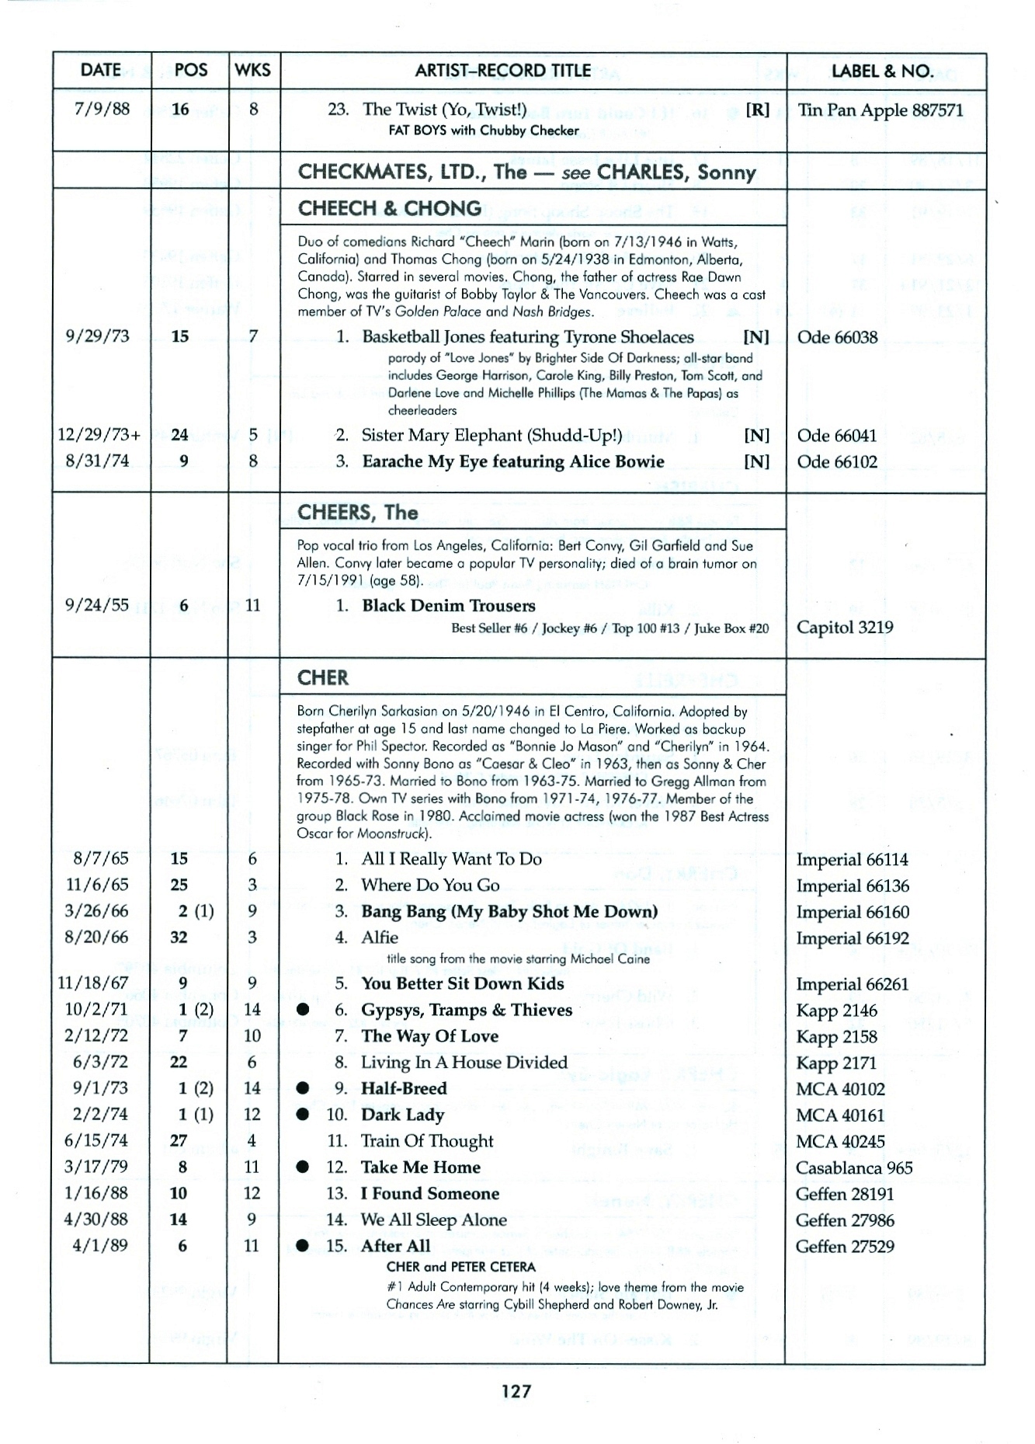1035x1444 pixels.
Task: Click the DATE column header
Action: tap(100, 71)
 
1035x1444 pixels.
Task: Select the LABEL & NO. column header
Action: tap(882, 71)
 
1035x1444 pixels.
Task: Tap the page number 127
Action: tap(516, 1390)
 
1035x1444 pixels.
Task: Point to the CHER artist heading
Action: tap(323, 678)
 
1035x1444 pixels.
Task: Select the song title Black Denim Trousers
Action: tap(449, 606)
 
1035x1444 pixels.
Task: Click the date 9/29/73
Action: tap(99, 336)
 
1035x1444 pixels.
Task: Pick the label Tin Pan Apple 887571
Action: tap(880, 110)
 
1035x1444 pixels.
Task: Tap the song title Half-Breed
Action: tap(404, 1088)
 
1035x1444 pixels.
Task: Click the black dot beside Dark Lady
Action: tap(304, 1115)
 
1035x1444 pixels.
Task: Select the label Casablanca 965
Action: tap(854, 1167)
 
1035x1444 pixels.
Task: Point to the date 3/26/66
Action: tap(97, 910)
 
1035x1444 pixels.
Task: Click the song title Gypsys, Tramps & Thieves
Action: tap(467, 1010)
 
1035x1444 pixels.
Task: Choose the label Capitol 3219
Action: tap(845, 628)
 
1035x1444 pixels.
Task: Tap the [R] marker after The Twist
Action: tap(757, 110)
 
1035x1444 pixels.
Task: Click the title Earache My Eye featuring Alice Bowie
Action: tap(513, 461)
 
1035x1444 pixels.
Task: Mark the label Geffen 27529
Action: tap(845, 1246)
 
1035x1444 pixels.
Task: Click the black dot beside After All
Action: tap(304, 1246)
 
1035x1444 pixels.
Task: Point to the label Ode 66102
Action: tap(837, 461)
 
